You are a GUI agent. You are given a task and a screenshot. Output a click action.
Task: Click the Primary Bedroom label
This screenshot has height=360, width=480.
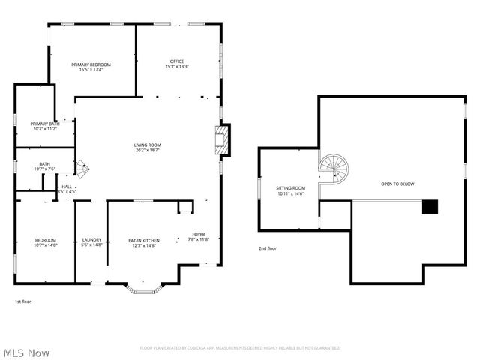[91, 64]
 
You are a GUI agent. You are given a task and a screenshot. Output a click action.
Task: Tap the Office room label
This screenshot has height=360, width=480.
[176, 61]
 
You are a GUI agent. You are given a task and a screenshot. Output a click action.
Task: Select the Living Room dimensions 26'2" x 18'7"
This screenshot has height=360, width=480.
[147, 151]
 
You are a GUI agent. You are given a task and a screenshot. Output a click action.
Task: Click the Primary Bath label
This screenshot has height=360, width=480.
[45, 124]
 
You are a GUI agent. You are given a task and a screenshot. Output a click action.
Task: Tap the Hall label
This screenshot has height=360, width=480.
[67, 187]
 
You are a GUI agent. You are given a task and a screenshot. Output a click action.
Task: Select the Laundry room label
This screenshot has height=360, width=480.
[91, 240]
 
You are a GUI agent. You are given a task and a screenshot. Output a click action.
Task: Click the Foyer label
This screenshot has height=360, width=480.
[198, 235]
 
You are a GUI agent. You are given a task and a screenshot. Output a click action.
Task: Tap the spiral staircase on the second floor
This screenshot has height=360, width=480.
[331, 171]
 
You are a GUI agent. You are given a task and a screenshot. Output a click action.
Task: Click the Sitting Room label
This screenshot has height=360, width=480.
[291, 187]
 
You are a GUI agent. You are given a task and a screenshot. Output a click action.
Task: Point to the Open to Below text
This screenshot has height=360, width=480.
[397, 184]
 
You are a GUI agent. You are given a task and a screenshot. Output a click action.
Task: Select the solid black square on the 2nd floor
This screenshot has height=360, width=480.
[428, 207]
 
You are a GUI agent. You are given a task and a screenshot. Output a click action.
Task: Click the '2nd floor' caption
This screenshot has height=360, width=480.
[268, 247]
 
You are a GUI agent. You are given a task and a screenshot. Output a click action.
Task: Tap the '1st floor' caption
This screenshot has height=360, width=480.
[22, 301]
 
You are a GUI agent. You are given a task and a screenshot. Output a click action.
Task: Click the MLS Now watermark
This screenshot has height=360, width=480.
[25, 352]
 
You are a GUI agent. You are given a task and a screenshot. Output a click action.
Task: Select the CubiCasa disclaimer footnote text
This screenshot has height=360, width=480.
[239, 348]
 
